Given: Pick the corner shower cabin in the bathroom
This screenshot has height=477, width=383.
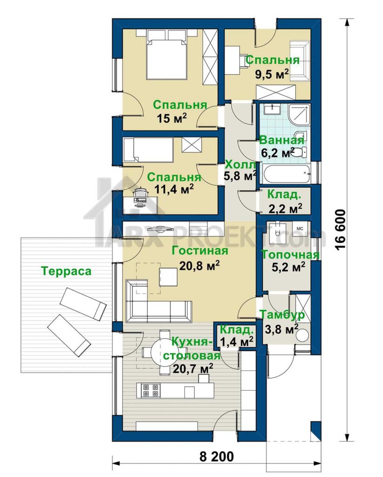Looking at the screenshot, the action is (x=299, y=115).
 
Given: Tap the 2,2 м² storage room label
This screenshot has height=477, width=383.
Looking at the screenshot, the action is (x=285, y=208).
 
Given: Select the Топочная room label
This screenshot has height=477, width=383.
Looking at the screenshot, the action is (x=291, y=255).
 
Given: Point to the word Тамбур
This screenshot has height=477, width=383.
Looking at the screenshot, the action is (x=282, y=315).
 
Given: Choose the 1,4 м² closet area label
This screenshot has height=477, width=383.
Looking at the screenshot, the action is (x=236, y=341).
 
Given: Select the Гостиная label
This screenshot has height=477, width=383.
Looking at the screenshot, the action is (x=199, y=251).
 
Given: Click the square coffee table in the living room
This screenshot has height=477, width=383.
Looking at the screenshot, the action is (x=168, y=277).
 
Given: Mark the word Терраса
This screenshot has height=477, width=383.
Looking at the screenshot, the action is (x=66, y=271).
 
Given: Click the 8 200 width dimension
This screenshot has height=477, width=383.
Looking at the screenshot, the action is (x=217, y=457).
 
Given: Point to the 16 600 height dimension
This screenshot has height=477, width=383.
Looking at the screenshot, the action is (x=341, y=230).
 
